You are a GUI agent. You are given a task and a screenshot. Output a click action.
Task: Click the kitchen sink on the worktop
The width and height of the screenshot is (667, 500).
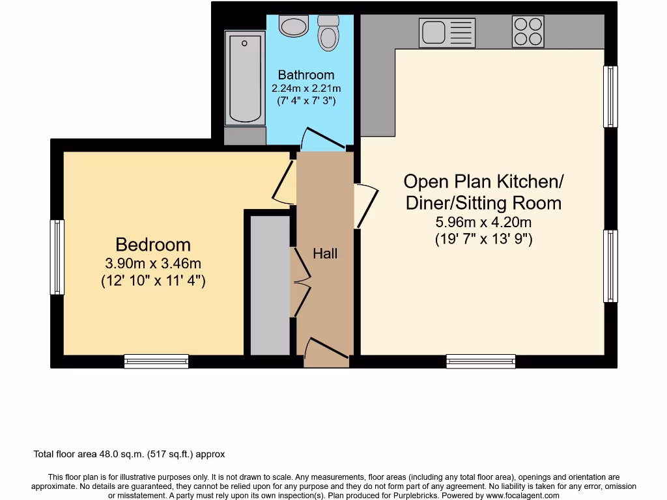click(438, 32)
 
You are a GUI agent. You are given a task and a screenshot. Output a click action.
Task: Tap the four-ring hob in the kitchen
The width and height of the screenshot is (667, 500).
click(528, 31)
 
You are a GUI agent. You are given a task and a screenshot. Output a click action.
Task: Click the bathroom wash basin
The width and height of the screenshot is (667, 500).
click(293, 26)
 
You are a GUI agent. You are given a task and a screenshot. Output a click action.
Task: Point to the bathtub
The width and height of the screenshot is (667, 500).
click(245, 77)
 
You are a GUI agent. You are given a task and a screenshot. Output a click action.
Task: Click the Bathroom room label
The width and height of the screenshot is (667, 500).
click(306, 75)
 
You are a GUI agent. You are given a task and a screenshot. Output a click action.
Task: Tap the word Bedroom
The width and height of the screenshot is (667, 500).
click(153, 245)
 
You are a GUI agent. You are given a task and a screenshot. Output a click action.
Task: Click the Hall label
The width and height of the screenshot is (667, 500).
click(325, 254)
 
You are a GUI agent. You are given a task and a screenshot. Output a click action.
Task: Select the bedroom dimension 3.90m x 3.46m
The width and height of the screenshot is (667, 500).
click(153, 264)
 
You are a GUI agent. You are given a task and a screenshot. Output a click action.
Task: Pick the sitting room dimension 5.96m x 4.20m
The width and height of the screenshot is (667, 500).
click(483, 222)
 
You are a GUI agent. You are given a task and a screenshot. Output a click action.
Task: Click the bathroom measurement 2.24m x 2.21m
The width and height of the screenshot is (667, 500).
click(306, 89)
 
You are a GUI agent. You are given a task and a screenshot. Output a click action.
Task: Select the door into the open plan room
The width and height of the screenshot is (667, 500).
click(366, 206)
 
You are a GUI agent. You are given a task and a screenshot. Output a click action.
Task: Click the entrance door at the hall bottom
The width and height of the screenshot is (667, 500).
click(326, 348)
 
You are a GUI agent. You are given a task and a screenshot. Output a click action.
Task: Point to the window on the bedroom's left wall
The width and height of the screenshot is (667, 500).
click(57, 257)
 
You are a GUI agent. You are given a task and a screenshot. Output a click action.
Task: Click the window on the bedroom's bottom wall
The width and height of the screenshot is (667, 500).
click(156, 361)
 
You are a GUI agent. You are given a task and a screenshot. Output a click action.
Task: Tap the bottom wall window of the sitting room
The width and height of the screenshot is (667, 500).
click(481, 361)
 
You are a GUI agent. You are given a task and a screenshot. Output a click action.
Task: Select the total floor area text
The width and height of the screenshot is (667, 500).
click(129, 454)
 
